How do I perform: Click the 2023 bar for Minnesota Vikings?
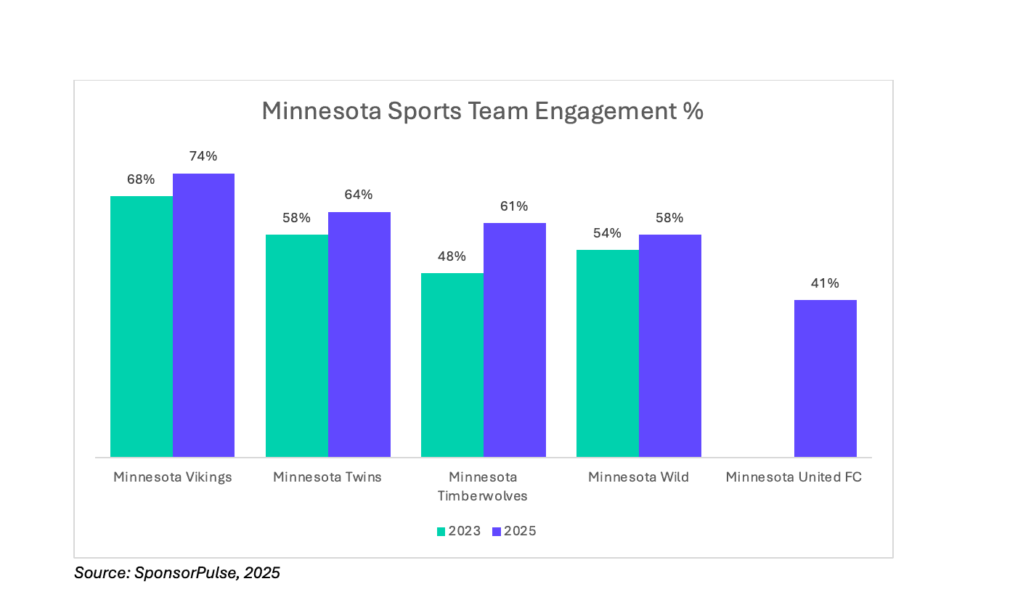142,326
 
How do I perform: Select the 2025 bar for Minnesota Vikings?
203,315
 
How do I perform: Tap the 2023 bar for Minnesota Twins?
297,346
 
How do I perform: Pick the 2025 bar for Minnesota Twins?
359,335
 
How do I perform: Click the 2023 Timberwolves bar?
452,365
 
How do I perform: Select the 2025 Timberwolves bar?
515,340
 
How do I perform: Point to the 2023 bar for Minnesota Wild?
608,354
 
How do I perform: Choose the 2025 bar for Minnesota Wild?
670,346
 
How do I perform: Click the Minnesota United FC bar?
826,378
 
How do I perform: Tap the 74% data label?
203,156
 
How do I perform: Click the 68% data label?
141,179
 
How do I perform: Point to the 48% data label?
452,256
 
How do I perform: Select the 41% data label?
825,283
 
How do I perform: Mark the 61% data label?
514,206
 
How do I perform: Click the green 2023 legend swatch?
441,532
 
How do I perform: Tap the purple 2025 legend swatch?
497,532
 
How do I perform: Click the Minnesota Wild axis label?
638,477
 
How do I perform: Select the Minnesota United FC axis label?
794,477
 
